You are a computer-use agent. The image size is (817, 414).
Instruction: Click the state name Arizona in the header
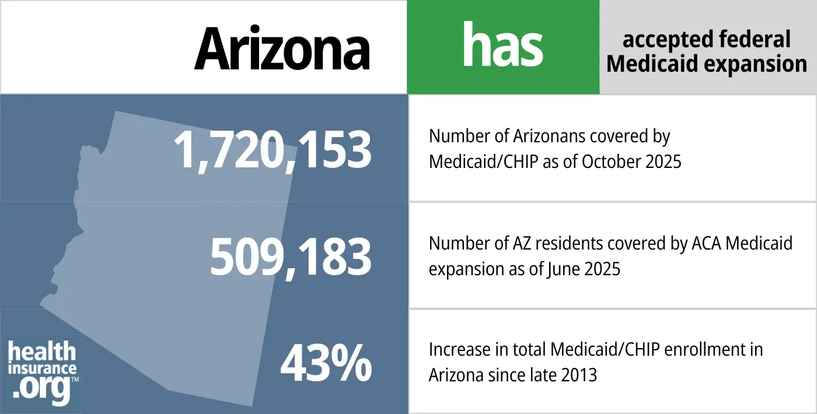pyautogui.click(x=282, y=47)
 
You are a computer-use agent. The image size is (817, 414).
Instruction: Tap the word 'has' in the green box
pyautogui.click(x=502, y=46)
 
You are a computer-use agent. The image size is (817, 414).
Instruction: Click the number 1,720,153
pyautogui.click(x=273, y=150)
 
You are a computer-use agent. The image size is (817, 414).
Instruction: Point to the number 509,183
pyautogui.click(x=291, y=257)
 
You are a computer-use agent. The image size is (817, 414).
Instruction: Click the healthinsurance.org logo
pyautogui.click(x=43, y=372)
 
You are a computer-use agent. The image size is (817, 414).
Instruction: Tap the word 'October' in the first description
pyautogui.click(x=603, y=161)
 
